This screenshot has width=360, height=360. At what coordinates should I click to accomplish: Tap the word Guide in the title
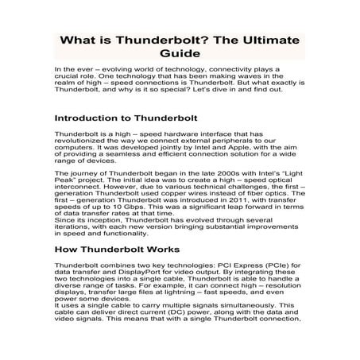(180, 55)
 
